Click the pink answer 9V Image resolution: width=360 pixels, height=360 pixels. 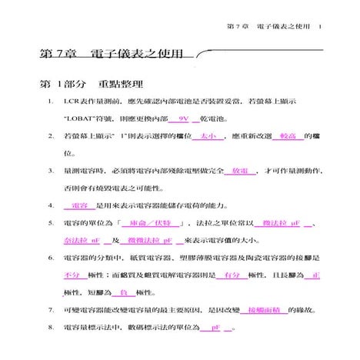pos(182,120)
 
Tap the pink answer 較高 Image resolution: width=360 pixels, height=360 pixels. pos(288,137)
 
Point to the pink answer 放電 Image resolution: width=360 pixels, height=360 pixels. pos(239,172)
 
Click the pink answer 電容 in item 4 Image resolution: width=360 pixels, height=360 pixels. pos(79,206)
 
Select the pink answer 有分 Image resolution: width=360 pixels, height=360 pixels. pos(230,275)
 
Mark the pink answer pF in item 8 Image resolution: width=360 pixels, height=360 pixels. pos(216,328)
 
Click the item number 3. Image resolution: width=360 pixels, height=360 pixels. pos(50,172)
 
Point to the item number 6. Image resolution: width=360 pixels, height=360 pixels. pos(50,258)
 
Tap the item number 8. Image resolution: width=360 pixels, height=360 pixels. pos(50,328)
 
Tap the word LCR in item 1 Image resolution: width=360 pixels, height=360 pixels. pos(73,102)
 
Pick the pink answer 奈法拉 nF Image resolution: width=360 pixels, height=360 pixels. pos(83,240)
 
